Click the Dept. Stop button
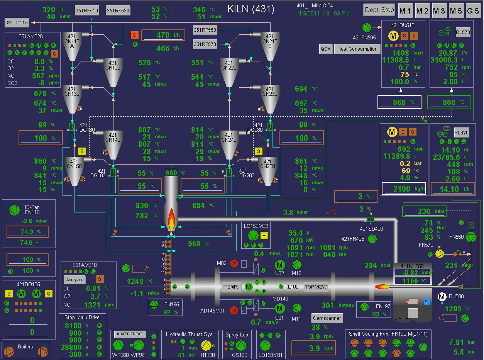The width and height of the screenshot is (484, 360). pos(379,10)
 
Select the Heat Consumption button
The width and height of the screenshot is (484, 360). pos(357,49)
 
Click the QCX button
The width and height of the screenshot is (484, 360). pos(325,49)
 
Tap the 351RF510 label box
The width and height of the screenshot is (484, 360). pos(86,11)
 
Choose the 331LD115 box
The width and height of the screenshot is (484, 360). pos(17,23)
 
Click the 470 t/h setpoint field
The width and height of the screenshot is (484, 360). pos(163,35)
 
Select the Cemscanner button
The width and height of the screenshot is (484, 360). pos(327,318)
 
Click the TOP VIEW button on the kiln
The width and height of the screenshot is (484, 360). pos(316,287)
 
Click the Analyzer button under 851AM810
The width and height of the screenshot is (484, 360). pos(74,279)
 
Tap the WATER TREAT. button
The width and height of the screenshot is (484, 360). pos(130,334)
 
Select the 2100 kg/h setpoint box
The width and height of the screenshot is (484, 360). pos(404,189)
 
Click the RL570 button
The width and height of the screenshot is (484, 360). pos(463,32)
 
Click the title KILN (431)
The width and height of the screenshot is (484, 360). pos(251,9)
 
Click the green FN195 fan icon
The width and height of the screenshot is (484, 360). pos(154,305)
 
